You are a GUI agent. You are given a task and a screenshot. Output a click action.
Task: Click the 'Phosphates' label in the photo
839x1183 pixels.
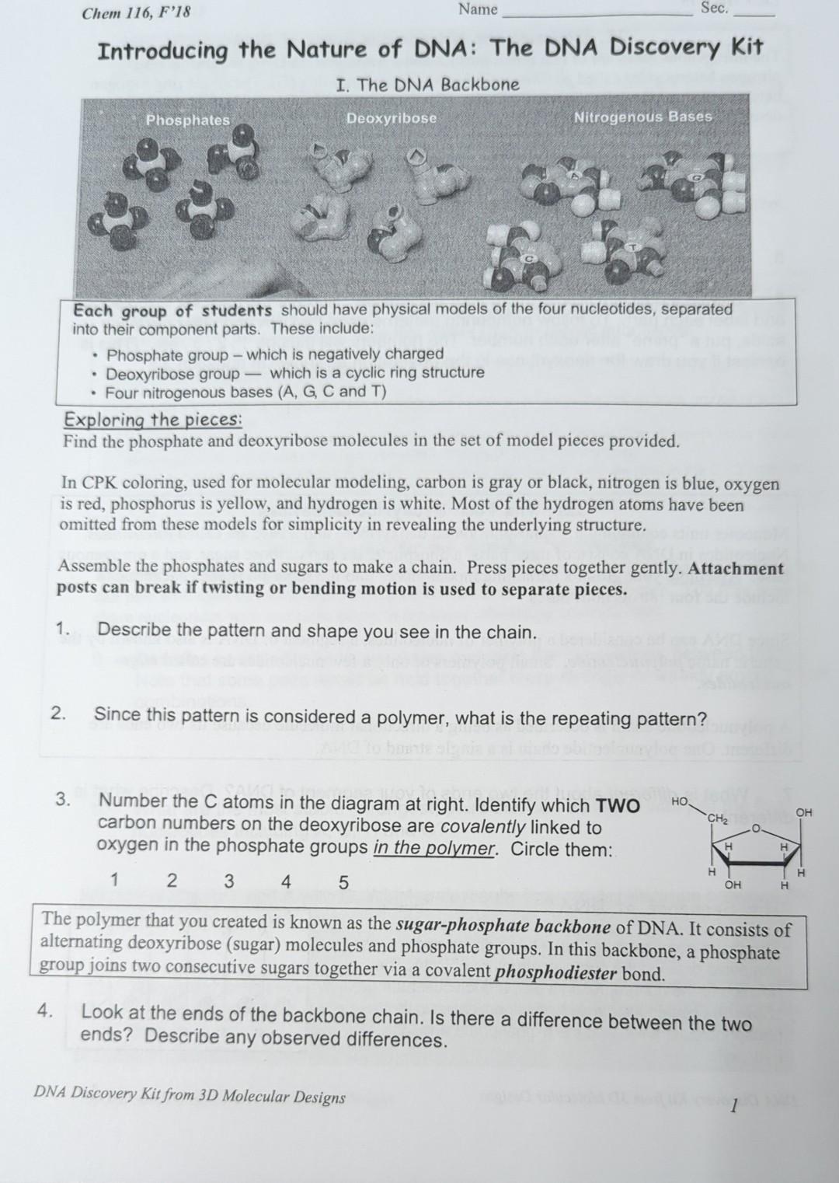(x=188, y=120)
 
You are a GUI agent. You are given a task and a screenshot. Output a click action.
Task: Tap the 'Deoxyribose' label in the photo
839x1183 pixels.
(x=392, y=118)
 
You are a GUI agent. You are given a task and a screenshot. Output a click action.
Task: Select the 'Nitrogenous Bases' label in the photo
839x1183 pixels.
(x=642, y=117)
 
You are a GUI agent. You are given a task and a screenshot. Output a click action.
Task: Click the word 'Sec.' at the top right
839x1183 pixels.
(x=714, y=9)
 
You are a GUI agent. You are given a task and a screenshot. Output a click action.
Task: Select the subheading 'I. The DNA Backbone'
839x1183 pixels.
(x=427, y=85)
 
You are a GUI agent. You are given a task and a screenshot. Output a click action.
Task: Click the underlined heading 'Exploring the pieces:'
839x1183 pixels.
(x=153, y=420)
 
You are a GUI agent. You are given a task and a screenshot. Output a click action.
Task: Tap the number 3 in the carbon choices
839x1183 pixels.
(x=228, y=881)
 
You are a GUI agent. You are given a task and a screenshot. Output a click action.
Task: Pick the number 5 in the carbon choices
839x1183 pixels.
(x=343, y=882)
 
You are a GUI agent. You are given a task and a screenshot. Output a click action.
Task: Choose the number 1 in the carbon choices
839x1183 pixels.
(x=115, y=880)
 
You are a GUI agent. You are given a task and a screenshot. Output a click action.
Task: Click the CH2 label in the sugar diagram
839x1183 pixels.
(x=718, y=818)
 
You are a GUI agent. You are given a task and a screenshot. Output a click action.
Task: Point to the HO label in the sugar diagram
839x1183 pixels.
(x=680, y=801)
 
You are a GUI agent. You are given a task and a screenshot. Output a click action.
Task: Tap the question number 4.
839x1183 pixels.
(x=45, y=1010)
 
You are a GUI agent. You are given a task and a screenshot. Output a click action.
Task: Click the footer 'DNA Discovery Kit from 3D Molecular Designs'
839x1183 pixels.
(x=190, y=1095)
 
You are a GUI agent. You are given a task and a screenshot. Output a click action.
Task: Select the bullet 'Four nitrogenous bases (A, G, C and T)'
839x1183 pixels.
(x=245, y=392)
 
